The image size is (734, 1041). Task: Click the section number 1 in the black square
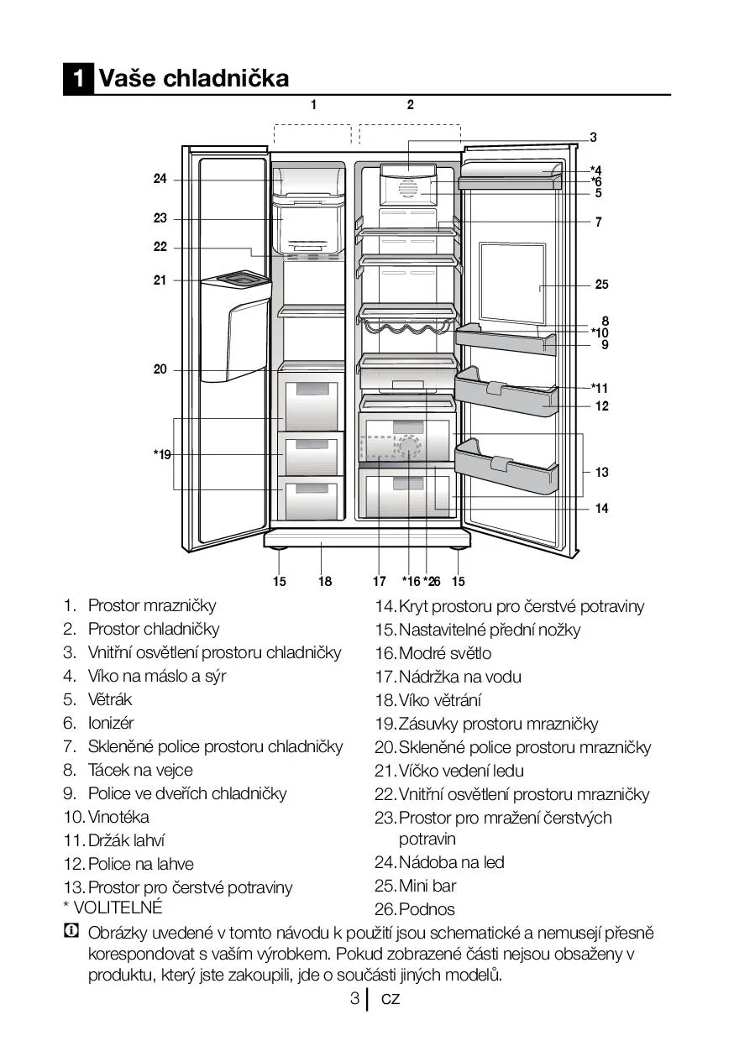[78, 79]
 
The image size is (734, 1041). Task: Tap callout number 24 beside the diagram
[160, 179]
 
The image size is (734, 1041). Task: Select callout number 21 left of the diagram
[160, 280]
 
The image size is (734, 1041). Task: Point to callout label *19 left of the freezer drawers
[161, 454]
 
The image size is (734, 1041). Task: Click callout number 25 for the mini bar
[601, 285]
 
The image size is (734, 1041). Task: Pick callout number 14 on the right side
[601, 508]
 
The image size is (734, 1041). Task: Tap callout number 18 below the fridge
[325, 581]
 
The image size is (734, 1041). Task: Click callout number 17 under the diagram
[379, 581]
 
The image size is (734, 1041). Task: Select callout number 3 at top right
[593, 137]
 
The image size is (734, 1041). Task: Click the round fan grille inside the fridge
[407, 189]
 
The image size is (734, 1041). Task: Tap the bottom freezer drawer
[312, 499]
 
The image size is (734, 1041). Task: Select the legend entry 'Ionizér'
[111, 723]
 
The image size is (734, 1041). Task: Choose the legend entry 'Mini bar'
[427, 886]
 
